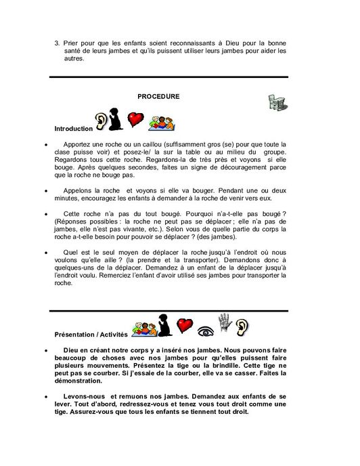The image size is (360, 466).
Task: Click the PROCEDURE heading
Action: point(158,96)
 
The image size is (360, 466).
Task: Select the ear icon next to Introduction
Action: point(102,120)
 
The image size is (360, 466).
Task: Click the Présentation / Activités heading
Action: point(94,335)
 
